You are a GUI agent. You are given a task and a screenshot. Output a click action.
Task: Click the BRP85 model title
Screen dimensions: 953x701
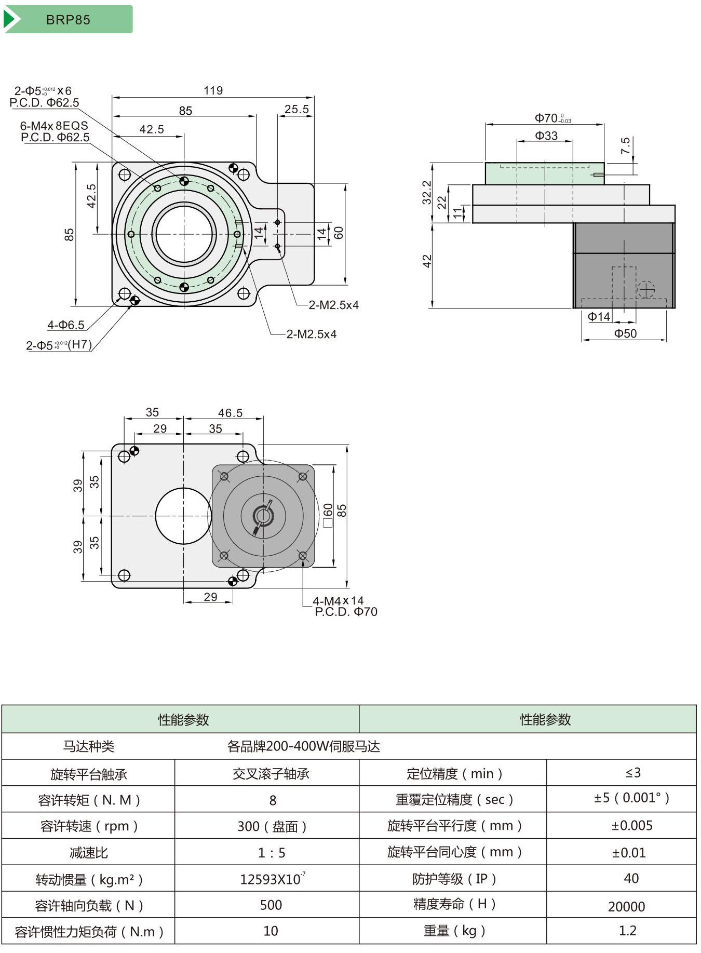[x=68, y=20]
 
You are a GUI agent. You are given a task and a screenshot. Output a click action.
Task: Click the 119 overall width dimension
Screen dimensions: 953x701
[x=213, y=90]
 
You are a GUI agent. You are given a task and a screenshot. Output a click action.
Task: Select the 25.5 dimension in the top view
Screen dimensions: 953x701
[x=296, y=109]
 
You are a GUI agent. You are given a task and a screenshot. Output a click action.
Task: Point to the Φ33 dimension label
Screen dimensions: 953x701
[x=546, y=136]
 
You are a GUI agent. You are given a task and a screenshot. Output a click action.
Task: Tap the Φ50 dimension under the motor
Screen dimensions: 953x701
[x=625, y=333]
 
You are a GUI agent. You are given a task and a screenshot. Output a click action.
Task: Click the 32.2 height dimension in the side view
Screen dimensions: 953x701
[x=427, y=192]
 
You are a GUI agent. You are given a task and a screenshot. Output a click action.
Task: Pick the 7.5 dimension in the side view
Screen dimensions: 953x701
[x=625, y=146]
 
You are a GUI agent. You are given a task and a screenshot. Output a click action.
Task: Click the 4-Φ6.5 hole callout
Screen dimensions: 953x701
[x=66, y=325]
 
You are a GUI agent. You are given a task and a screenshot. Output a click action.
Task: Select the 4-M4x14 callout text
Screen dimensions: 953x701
[x=338, y=601]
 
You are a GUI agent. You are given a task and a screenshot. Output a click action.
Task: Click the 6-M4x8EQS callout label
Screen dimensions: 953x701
[x=54, y=126]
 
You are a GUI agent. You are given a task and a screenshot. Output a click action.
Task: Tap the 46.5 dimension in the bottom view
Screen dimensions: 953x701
[x=230, y=413]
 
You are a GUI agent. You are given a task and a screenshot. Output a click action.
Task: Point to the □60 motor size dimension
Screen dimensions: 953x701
[x=328, y=515]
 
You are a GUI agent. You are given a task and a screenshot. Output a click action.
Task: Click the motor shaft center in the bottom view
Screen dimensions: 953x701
[x=263, y=516]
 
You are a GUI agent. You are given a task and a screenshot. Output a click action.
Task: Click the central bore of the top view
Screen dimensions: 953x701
[x=184, y=234]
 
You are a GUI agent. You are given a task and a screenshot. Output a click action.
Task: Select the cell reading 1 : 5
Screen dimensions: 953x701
[x=272, y=853]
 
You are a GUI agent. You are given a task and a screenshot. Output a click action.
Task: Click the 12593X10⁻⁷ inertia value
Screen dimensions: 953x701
[x=272, y=879]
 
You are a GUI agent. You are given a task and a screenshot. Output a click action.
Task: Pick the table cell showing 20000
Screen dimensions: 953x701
[x=626, y=906]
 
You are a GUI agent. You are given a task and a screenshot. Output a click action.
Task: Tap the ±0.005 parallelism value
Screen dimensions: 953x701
[x=631, y=825]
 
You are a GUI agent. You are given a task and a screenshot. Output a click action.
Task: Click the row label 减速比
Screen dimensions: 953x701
[x=89, y=853]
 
